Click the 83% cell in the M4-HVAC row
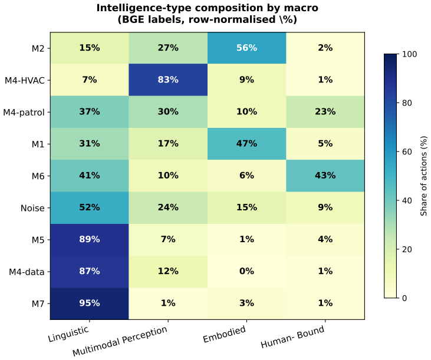(168, 80)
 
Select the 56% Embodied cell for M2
(246, 48)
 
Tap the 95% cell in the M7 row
(90, 303)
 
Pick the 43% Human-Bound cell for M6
(325, 176)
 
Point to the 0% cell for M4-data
(246, 272)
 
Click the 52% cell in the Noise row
(90, 207)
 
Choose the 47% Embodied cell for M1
(246, 144)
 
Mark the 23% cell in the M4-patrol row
(325, 112)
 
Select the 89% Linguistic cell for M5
(90, 240)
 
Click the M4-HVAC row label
(25, 81)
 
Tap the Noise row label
(32, 208)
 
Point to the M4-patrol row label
(24, 113)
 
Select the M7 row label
(38, 304)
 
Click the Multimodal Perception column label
(120, 341)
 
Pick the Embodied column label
(224, 334)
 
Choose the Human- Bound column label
(292, 336)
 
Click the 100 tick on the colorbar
(409, 54)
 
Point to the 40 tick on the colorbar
(407, 201)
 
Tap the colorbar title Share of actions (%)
(423, 176)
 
